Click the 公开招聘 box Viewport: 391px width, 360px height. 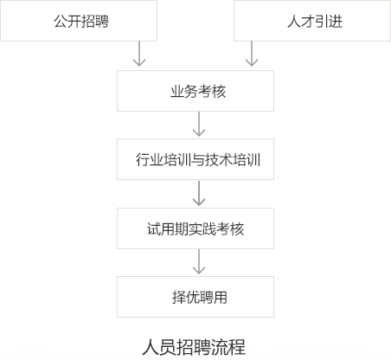click(79, 21)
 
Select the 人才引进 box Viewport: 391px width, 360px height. click(312, 21)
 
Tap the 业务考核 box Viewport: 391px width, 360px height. click(195, 91)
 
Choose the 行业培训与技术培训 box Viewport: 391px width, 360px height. click(195, 159)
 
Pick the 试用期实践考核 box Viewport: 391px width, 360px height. click(195, 228)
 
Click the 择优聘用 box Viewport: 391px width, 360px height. click(195, 297)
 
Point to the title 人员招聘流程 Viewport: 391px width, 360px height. click(194, 347)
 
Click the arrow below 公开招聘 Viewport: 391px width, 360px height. click(139, 54)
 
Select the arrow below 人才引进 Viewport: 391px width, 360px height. click(252, 54)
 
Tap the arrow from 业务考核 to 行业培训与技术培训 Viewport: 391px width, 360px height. click(199, 124)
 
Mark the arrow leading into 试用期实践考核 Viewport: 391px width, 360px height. click(199, 193)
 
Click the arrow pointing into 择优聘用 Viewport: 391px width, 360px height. click(199, 261)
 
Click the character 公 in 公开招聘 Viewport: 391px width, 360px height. click(61, 22)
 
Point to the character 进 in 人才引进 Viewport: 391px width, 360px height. click(336, 22)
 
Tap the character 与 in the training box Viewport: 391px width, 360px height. click(198, 160)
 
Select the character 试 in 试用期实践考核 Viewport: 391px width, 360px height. click(154, 229)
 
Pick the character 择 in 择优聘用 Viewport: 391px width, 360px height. click(179, 298)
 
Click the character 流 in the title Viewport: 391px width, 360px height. click(220, 347)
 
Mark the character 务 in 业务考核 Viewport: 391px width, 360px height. click(191, 92)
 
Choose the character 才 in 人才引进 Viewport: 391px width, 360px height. click(308, 22)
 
